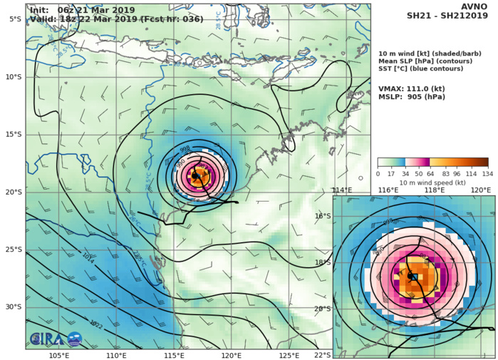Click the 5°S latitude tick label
[14, 19]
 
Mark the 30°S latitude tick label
[12, 307]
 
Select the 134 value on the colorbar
[488, 174]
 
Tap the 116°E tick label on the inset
[388, 190]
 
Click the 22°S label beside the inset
[323, 355]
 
